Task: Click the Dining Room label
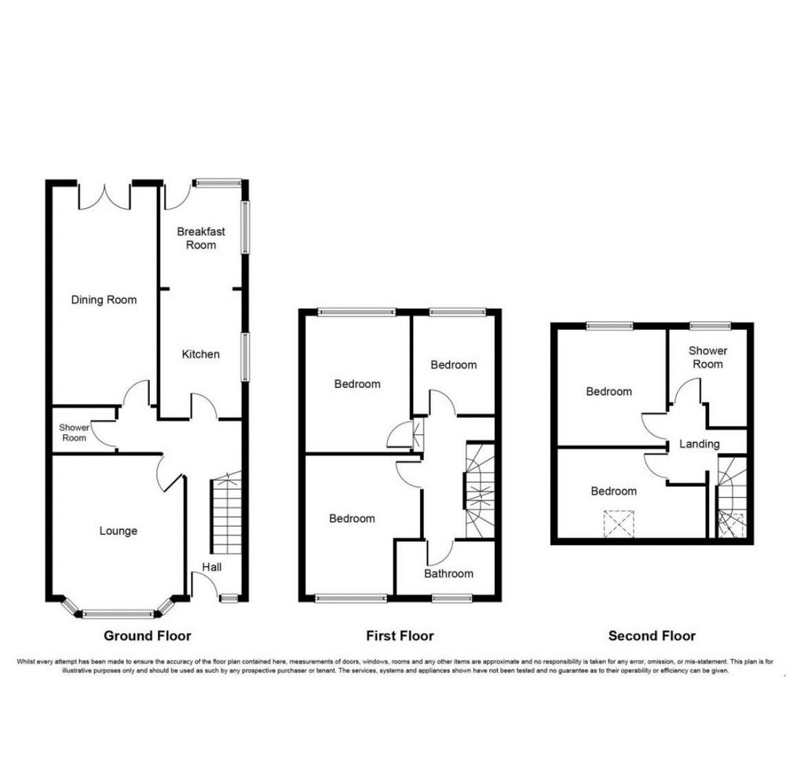point(104,300)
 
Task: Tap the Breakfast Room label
point(201,238)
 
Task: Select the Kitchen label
point(200,354)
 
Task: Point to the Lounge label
point(119,531)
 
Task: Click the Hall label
point(212,567)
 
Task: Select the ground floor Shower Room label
point(74,433)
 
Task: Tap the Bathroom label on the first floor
point(448,574)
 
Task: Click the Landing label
point(700,444)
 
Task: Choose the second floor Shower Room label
point(707,357)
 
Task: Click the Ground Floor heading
point(147,636)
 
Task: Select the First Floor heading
point(400,636)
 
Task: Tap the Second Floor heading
point(652,636)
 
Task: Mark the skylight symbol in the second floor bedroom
point(619,524)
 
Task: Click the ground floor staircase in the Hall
point(225,513)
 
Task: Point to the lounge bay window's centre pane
point(119,614)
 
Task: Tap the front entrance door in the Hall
point(203,584)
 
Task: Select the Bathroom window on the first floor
point(451,598)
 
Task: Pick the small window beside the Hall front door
point(229,598)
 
